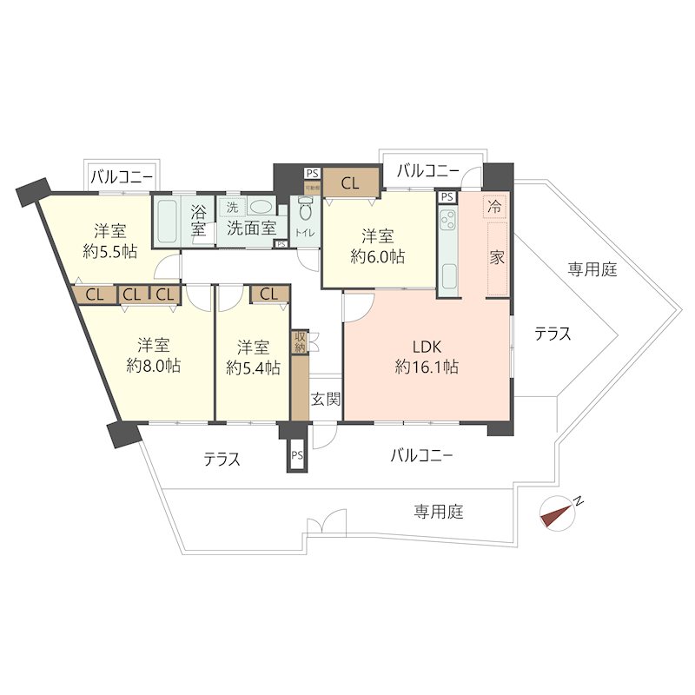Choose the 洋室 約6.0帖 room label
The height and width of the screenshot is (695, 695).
(377, 246)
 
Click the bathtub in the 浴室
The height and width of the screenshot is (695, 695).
(168, 222)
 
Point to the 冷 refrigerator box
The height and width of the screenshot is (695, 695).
(494, 208)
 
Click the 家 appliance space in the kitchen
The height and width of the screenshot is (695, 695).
(497, 258)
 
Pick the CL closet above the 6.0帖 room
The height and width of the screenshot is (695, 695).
(351, 183)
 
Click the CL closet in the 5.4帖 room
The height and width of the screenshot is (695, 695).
(269, 295)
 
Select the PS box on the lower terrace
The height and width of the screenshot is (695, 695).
(297, 455)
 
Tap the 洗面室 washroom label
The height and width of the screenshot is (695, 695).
(252, 228)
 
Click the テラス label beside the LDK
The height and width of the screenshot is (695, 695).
(553, 333)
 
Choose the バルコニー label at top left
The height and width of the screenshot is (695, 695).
(122, 177)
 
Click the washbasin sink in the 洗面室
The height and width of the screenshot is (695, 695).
(259, 208)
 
